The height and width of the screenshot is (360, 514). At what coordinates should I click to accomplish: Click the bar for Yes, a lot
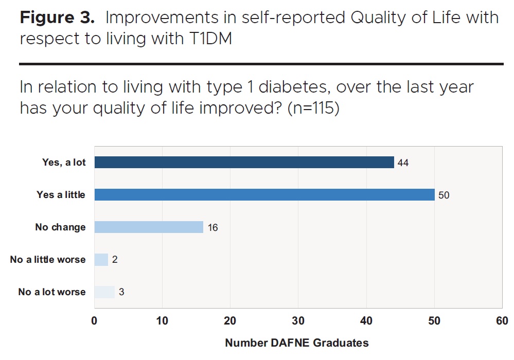244,163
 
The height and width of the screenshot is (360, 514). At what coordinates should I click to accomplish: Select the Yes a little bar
264,195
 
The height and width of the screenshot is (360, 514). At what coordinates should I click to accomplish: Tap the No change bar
149,227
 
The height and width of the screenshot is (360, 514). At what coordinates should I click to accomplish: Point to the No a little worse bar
101,259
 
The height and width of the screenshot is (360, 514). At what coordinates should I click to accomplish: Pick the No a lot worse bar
104,292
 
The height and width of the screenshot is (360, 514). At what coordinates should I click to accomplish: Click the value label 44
404,163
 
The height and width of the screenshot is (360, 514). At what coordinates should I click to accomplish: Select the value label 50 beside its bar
444,195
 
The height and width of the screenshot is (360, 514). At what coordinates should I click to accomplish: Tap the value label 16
212,227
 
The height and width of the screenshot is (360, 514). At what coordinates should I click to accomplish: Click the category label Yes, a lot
64,163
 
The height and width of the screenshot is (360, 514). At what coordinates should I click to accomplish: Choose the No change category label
60,227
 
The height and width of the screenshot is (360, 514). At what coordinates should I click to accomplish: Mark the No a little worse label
48,259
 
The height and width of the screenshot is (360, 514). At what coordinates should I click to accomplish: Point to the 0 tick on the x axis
94,321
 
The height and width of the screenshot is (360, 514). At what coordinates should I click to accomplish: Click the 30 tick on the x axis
298,321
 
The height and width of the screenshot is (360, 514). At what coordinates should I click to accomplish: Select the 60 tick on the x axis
502,321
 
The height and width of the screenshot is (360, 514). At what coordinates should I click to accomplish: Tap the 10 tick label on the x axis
162,321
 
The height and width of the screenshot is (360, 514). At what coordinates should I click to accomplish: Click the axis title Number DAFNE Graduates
297,343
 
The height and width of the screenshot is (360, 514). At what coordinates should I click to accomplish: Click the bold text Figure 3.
57,17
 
